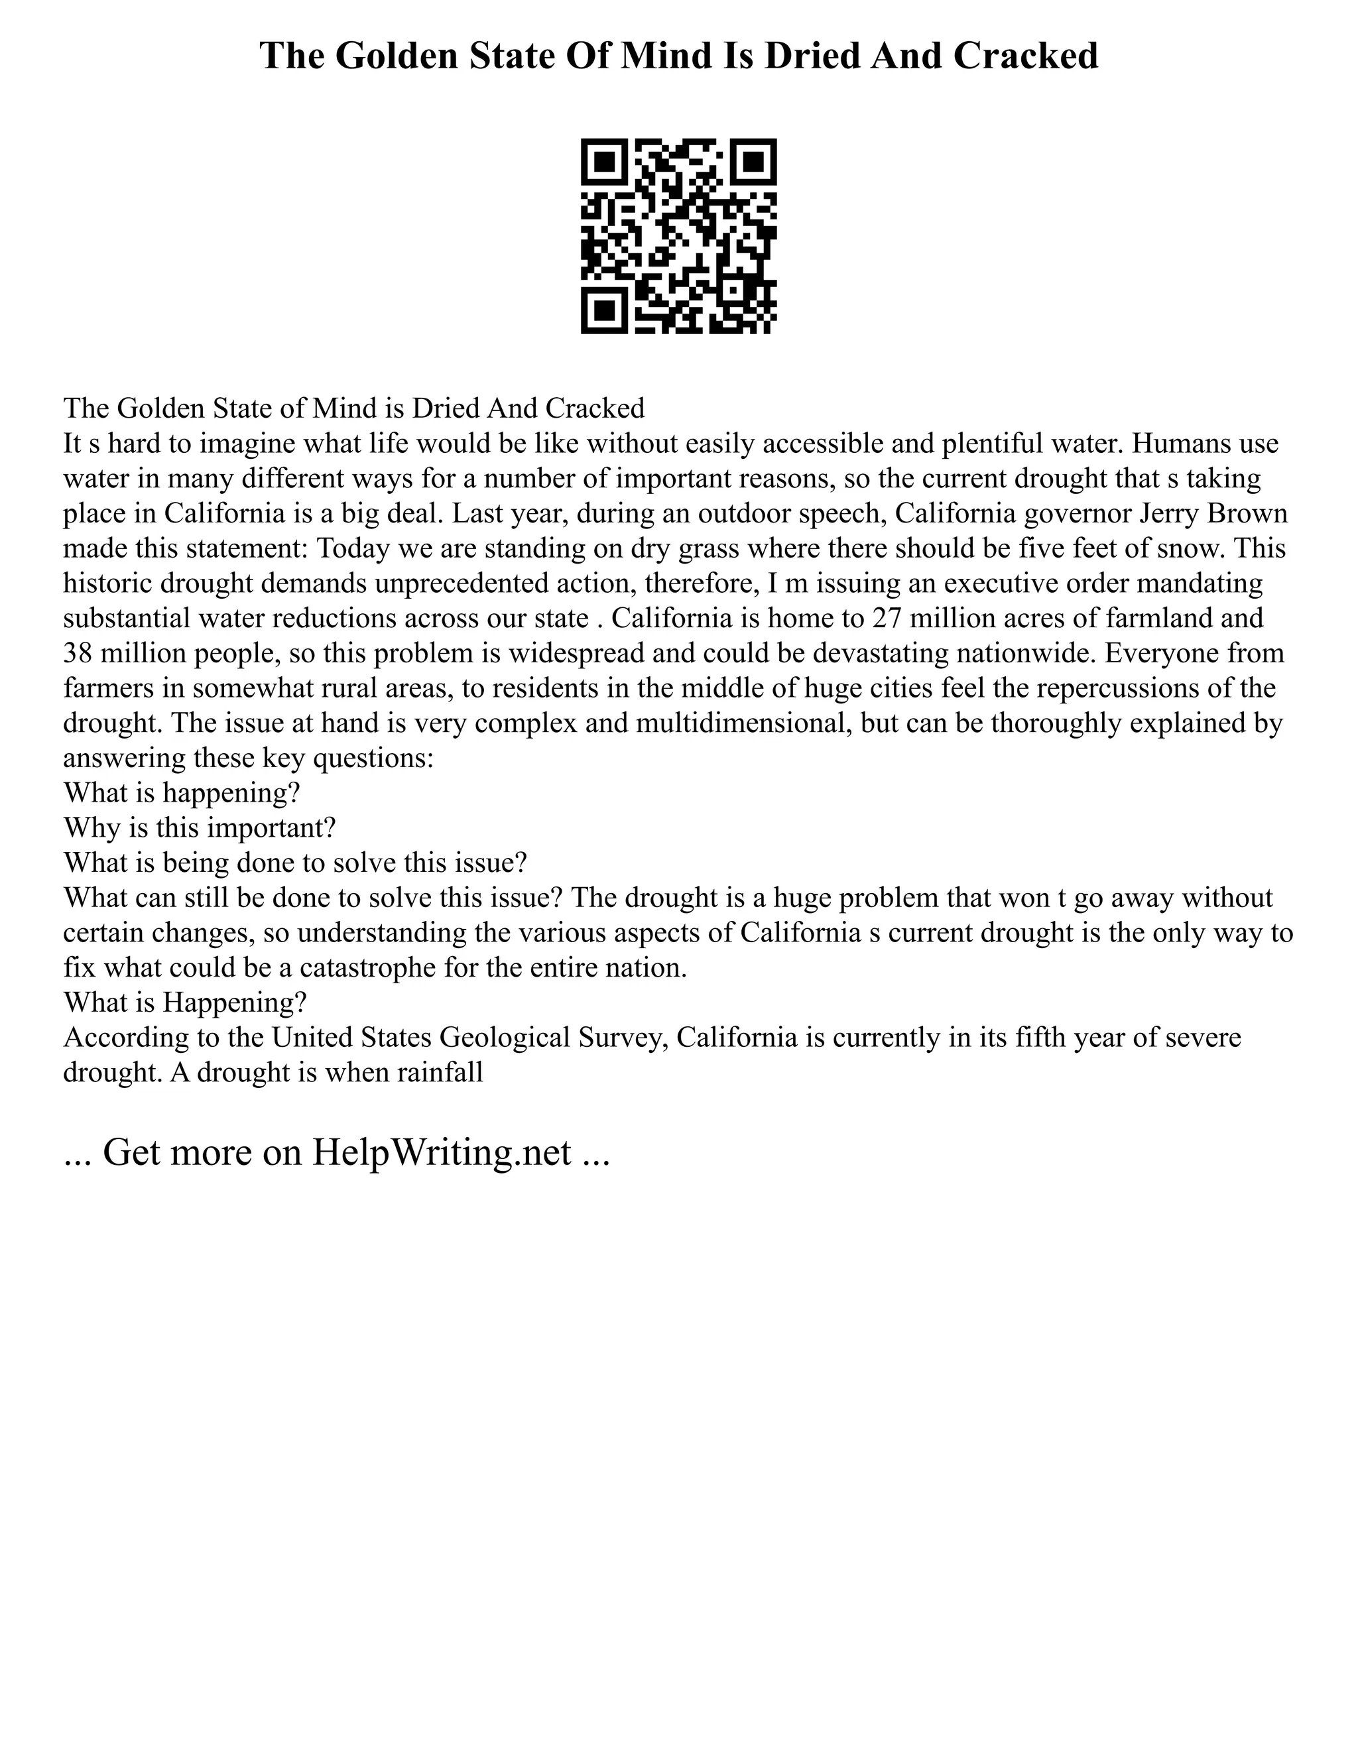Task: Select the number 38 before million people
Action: pos(79,653)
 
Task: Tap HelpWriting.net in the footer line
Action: pos(442,1152)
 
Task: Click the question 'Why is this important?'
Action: pos(199,828)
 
